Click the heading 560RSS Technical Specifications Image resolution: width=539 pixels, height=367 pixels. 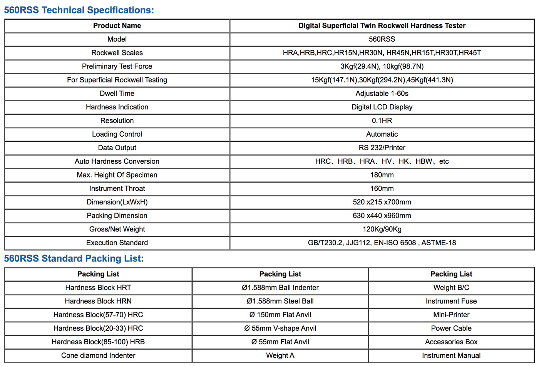(x=79, y=10)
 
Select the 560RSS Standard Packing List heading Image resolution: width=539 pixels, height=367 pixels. (x=74, y=258)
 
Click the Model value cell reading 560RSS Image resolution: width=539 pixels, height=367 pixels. (x=382, y=39)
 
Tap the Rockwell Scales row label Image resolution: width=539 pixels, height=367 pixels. (x=117, y=53)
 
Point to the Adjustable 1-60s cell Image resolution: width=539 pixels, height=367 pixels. (x=382, y=94)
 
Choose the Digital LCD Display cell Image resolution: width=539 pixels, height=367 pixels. (x=382, y=107)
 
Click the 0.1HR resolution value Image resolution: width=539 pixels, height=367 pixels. (x=382, y=121)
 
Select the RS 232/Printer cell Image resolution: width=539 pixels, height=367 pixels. (x=382, y=148)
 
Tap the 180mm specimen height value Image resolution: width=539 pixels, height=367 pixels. (x=382, y=175)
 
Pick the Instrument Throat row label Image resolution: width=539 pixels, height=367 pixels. (x=117, y=188)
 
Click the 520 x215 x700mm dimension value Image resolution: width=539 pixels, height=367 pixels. (x=382, y=202)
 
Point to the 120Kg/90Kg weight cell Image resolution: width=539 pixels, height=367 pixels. (x=382, y=229)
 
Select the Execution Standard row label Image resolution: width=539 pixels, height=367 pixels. (x=117, y=243)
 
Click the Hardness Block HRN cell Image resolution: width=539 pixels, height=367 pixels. (x=98, y=301)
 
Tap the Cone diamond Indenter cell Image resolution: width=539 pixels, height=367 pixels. (x=98, y=355)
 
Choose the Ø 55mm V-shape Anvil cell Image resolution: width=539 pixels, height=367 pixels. (x=280, y=328)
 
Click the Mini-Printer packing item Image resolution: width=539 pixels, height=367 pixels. (x=451, y=315)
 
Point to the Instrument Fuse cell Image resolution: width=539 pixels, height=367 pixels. (x=451, y=301)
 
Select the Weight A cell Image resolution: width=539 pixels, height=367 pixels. (x=280, y=355)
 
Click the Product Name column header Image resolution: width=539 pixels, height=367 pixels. (x=117, y=26)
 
